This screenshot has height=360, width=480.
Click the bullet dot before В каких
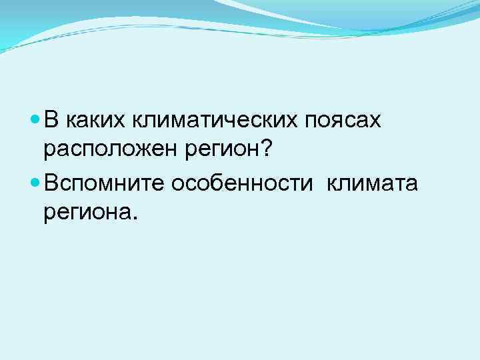tap(35, 121)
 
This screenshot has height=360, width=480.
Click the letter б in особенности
tap(213, 182)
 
